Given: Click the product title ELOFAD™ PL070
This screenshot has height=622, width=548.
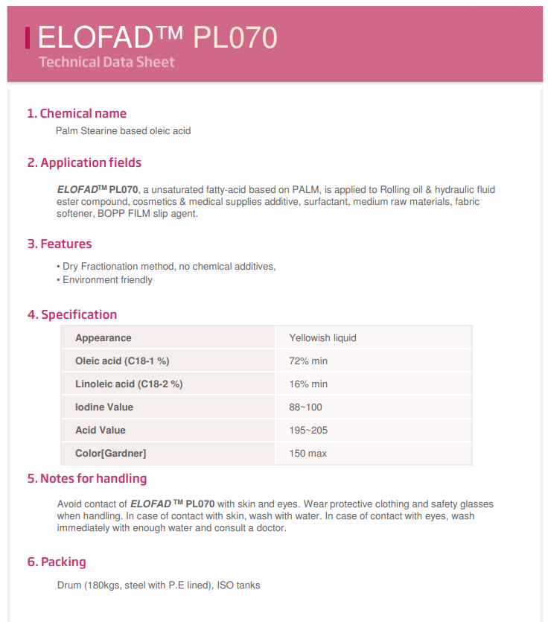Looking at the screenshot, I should click(157, 36).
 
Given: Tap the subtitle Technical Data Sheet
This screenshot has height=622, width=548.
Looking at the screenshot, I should click(106, 61).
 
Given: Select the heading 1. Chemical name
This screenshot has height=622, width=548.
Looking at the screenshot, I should click(77, 113).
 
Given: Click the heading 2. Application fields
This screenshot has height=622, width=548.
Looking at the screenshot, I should click(84, 162).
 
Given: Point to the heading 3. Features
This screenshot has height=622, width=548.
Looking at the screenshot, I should click(60, 244).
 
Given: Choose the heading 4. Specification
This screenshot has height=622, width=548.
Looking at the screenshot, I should click(72, 314).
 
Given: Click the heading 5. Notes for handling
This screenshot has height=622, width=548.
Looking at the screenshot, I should click(87, 478).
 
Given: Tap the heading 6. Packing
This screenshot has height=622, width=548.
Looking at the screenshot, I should click(57, 562).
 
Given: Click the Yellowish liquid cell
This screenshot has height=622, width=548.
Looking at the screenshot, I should click(322, 337).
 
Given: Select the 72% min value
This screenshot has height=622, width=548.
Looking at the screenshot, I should click(308, 361).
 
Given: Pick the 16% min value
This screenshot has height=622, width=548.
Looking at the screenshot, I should click(308, 384).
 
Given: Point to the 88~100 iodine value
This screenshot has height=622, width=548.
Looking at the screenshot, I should click(305, 407).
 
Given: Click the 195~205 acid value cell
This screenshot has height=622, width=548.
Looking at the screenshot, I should click(308, 430).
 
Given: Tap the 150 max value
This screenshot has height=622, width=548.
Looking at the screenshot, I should click(308, 453).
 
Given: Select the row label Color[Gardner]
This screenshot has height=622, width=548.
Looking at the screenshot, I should click(110, 453).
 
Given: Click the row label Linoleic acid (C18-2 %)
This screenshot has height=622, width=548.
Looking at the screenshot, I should click(129, 384).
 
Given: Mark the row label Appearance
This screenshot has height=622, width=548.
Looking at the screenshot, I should click(103, 337).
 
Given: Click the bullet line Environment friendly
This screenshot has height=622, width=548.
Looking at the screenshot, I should click(107, 280).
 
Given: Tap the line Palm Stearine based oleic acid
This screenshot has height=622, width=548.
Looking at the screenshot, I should click(123, 131).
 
